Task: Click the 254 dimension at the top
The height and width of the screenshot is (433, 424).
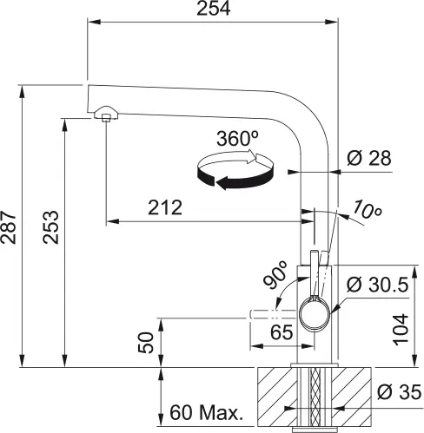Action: coord(213,10)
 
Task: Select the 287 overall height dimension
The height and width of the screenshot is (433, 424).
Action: coord(10,227)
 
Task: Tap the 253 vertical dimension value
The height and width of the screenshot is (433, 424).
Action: coord(50,228)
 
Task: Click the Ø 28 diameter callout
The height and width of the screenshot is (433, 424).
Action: coord(368,158)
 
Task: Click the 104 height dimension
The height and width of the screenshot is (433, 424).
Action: coord(401,327)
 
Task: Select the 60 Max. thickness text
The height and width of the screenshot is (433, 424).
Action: coord(206,410)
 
